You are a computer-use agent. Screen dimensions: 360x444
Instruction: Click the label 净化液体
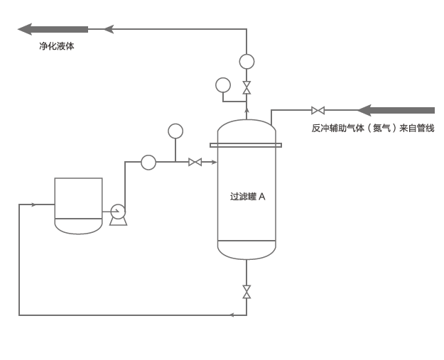(x=56, y=46)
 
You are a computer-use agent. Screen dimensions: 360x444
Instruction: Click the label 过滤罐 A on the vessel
(x=247, y=197)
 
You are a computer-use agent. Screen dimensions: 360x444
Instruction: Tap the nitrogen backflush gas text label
(x=372, y=129)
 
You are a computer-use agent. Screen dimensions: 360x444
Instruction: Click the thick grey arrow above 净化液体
(x=53, y=29)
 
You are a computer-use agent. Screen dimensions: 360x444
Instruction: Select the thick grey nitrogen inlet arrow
(x=396, y=110)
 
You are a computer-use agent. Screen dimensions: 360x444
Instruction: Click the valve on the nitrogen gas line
(x=318, y=110)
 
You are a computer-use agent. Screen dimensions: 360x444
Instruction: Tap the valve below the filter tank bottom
(x=247, y=291)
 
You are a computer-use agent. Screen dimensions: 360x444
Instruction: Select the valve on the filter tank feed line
(x=195, y=162)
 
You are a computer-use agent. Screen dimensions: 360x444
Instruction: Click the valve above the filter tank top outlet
(x=247, y=87)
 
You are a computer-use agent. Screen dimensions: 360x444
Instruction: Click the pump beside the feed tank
(x=118, y=212)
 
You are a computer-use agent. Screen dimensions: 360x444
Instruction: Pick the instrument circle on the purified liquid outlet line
(x=247, y=62)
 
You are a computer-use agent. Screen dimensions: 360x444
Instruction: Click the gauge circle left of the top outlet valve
(x=223, y=84)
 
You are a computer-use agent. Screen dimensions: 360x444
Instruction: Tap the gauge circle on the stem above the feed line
(x=175, y=131)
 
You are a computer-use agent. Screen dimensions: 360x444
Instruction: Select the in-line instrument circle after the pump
(x=148, y=163)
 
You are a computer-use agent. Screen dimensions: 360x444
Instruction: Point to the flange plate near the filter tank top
(x=246, y=145)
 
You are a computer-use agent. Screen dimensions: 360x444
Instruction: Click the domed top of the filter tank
(x=247, y=131)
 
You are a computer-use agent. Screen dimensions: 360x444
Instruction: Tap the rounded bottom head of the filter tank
(x=247, y=250)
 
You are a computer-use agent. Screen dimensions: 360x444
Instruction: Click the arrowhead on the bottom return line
(x=231, y=315)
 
